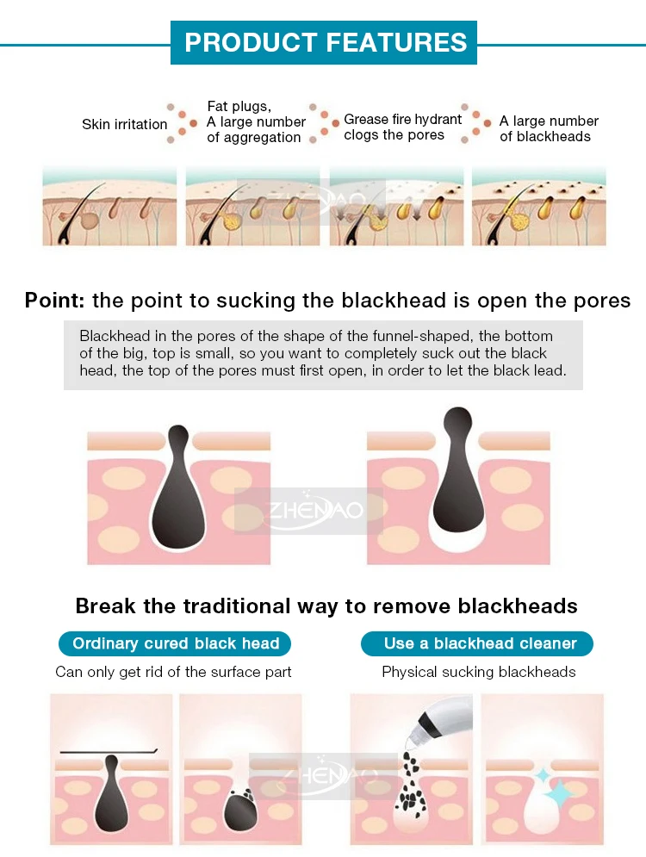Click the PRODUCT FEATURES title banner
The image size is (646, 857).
(324, 42)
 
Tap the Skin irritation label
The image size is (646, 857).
(125, 125)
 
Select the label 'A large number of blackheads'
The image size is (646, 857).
(549, 128)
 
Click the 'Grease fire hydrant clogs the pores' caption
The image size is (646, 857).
(403, 127)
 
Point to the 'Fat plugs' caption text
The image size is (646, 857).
(239, 106)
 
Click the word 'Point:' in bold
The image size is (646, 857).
(54, 301)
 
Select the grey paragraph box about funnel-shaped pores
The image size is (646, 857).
(323, 355)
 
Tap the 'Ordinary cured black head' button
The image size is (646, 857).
(175, 643)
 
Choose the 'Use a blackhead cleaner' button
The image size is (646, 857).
(477, 643)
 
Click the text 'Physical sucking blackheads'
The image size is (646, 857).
(479, 672)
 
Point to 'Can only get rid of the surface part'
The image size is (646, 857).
(173, 672)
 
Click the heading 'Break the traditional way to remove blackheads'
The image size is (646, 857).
(326, 606)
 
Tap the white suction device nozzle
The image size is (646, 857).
(441, 718)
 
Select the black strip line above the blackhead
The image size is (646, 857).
(109, 752)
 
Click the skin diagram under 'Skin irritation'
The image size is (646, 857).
(110, 207)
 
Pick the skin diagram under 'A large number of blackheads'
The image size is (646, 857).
(539, 207)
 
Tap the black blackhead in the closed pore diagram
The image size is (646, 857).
(178, 487)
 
